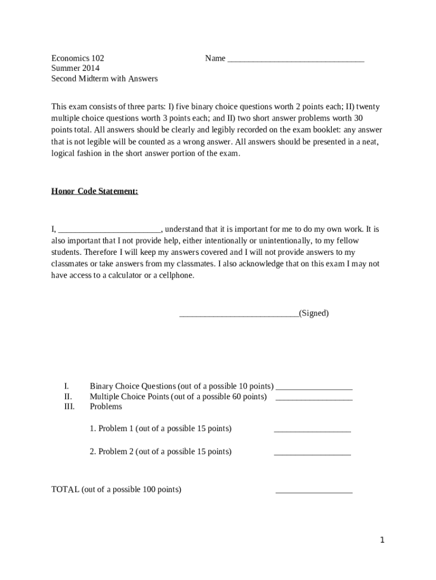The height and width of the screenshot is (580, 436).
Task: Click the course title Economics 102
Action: (78, 58)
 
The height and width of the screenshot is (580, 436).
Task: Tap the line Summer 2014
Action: (75, 69)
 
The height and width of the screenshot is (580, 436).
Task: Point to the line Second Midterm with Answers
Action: (104, 79)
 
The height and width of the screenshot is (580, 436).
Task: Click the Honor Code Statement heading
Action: (95, 191)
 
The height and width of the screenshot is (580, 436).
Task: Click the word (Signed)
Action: (314, 313)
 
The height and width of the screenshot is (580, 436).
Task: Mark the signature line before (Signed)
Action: (239, 315)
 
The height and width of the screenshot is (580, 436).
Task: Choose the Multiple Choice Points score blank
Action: (314, 399)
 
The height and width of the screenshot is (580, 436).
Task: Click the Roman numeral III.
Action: (69, 407)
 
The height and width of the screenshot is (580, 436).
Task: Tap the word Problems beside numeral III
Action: (106, 407)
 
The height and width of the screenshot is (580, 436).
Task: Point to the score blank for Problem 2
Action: (313, 454)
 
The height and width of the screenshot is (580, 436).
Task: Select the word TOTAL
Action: (65, 489)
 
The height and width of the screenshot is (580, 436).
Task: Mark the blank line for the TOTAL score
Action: (314, 492)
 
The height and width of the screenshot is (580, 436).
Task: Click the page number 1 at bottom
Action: (382, 540)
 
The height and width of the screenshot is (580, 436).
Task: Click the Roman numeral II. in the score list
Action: (68, 396)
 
